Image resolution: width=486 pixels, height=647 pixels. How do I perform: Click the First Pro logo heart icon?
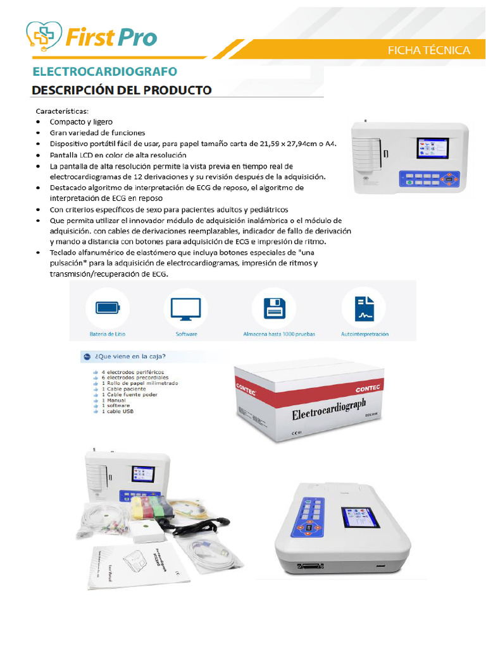coord(44,36)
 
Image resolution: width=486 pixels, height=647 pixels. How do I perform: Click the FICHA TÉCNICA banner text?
coord(428,51)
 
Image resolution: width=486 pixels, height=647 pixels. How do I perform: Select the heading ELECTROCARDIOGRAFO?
coord(104,71)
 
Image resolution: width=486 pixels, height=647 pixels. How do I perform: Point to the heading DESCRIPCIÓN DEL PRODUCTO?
coord(121,90)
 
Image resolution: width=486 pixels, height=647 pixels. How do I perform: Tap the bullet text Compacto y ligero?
coord(82,121)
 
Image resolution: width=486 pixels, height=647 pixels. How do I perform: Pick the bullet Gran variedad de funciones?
coord(97,133)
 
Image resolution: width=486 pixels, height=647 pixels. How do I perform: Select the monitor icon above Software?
coord(186,308)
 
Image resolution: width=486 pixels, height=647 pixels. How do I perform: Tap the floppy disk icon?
coord(274,308)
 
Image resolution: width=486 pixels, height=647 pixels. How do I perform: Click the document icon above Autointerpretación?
coord(364,308)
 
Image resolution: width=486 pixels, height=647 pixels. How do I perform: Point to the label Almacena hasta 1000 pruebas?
coord(279,334)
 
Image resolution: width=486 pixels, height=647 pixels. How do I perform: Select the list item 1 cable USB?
coord(117,411)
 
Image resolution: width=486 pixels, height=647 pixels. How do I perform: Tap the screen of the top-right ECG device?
coord(432,148)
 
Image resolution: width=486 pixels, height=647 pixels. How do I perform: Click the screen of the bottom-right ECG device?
coord(359,517)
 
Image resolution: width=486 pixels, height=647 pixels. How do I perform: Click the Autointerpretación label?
coord(364,334)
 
